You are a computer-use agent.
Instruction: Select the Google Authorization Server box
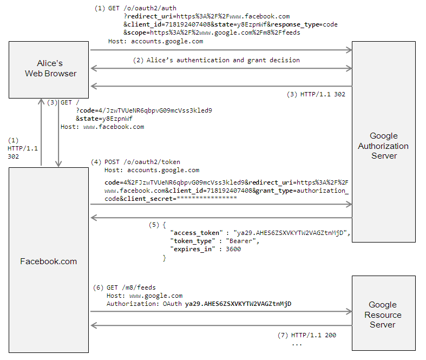(383, 146)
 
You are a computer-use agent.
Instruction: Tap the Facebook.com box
(49, 261)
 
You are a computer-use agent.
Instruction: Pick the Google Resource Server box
(383, 314)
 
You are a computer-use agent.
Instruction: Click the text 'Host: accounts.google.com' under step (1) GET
(155, 41)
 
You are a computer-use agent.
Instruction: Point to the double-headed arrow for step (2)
(221, 69)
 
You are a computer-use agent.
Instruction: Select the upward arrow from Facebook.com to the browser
(42, 133)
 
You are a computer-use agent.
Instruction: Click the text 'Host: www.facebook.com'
(102, 127)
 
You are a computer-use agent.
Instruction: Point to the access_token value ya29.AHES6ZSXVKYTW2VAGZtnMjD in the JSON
(291, 232)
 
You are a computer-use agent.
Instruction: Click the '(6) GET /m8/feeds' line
(124, 287)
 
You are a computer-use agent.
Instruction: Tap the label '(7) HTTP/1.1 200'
(307, 335)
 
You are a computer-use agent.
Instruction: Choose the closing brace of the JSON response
(165, 259)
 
